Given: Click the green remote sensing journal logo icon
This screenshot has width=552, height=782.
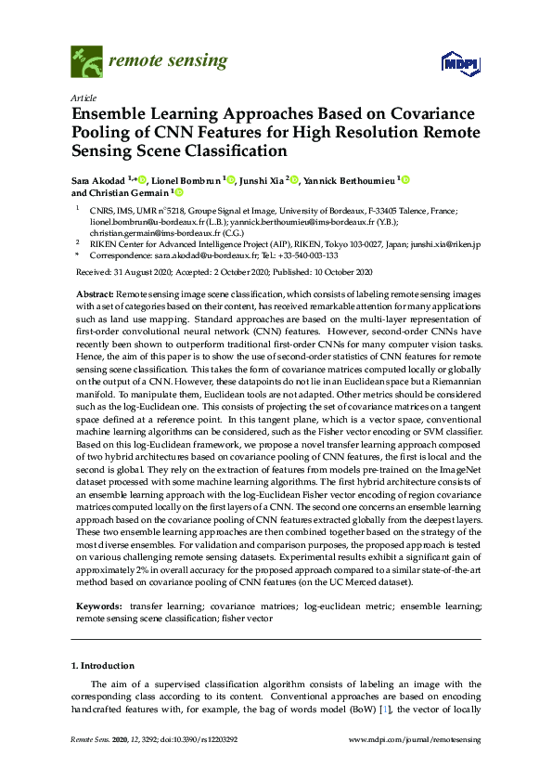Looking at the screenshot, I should [86, 61].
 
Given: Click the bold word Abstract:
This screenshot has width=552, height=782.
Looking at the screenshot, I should [95, 292].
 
